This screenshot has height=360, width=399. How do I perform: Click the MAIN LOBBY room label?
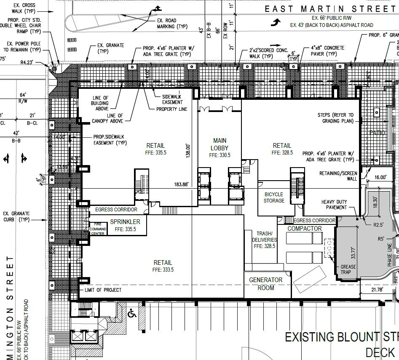pos(220,144)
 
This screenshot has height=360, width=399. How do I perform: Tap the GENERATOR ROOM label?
pos(265,284)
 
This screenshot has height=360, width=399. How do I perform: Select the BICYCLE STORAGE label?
pos(274,197)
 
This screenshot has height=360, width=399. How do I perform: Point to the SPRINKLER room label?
pos(125,222)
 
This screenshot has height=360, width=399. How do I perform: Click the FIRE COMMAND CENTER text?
pos(97,229)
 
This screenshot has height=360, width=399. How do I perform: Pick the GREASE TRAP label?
pos(348,269)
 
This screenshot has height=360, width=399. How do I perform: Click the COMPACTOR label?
pos(305,229)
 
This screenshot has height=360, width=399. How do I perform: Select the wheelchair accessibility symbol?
pos(132,313)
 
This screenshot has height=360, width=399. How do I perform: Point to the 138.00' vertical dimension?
pos(189,150)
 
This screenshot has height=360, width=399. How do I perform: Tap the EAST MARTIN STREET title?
pos(331,9)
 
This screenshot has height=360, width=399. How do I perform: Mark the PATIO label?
pos(377,133)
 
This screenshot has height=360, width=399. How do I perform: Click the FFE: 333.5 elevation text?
pos(163,269)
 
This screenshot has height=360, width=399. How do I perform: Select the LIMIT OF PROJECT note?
pos(103,290)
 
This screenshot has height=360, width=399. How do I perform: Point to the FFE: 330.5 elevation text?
pos(220,155)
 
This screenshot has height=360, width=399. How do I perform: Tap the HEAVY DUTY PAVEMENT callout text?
pos(334,205)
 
